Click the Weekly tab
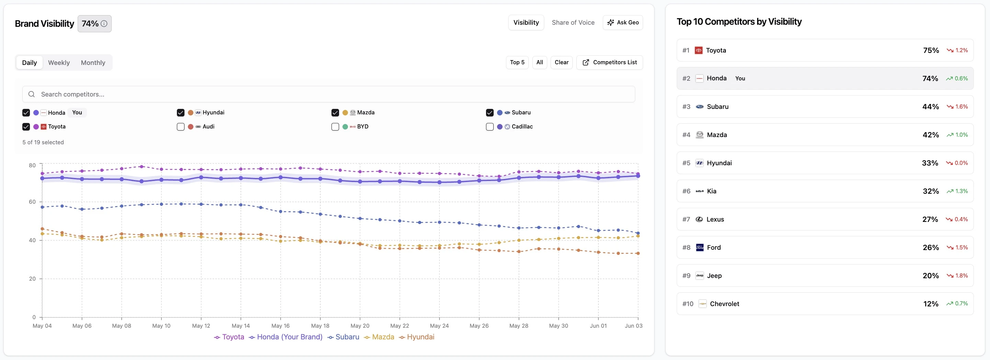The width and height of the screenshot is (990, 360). click(59, 63)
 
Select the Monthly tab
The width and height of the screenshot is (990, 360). click(93, 63)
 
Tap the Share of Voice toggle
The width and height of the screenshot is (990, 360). click(573, 23)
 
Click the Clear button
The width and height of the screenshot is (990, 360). click(562, 62)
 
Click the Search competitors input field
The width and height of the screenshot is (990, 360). click(329, 94)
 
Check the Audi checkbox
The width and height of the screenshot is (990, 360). click(181, 127)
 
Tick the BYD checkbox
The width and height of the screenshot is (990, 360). click(335, 127)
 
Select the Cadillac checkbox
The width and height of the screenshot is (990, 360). click(490, 127)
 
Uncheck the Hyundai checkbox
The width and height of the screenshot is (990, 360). click(181, 113)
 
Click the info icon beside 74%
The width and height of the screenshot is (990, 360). click(104, 24)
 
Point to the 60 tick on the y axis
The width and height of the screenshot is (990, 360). click(32, 202)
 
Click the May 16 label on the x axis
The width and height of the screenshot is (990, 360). click(281, 326)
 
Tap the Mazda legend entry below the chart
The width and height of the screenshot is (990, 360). click(379, 337)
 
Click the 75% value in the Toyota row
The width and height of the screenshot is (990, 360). click(931, 50)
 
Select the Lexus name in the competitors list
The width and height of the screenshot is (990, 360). click(715, 220)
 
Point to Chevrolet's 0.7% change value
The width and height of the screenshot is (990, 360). click(961, 304)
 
